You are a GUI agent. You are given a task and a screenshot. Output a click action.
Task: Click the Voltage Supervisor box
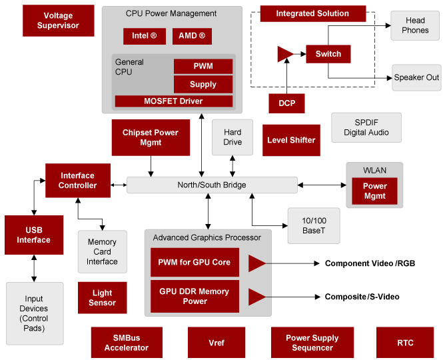point(58,21)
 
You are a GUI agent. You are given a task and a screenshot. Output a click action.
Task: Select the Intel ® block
point(144,36)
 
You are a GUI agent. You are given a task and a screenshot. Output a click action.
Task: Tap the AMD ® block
point(193,36)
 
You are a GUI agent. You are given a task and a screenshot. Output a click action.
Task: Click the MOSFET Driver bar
point(173,101)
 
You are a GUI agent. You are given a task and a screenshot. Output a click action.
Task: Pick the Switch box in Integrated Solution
point(328,54)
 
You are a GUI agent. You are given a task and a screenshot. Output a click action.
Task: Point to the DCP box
point(286,103)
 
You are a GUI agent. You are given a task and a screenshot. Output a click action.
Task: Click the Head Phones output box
point(415,26)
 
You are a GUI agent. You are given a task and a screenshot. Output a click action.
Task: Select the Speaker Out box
point(416,77)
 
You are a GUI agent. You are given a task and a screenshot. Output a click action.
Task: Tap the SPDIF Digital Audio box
point(366,127)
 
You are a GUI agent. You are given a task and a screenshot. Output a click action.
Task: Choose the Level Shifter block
point(291,140)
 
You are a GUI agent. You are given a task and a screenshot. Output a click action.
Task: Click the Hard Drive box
point(232,137)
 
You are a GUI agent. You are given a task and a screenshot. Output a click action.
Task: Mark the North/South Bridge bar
point(212,185)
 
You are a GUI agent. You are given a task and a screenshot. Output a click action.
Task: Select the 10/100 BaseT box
point(313,225)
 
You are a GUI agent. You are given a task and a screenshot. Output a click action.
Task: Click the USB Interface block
point(33,235)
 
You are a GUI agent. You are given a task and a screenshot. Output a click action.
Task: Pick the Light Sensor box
point(102,298)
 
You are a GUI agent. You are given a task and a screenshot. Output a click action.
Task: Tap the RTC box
point(405,343)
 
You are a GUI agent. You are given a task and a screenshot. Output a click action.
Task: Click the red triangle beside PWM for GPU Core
point(256,263)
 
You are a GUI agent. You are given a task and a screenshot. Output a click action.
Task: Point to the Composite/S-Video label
point(362,297)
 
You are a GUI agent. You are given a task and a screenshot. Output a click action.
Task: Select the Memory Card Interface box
point(102,251)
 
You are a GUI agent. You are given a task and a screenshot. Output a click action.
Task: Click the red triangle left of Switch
point(284,54)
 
